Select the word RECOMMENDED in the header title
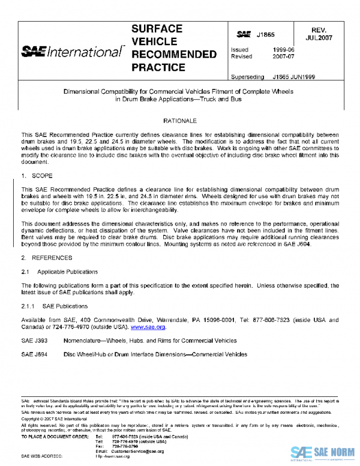coord(173,55)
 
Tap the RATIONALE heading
coord(180,121)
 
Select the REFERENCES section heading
coord(50,258)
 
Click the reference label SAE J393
coord(34,340)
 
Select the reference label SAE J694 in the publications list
coord(34,354)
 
